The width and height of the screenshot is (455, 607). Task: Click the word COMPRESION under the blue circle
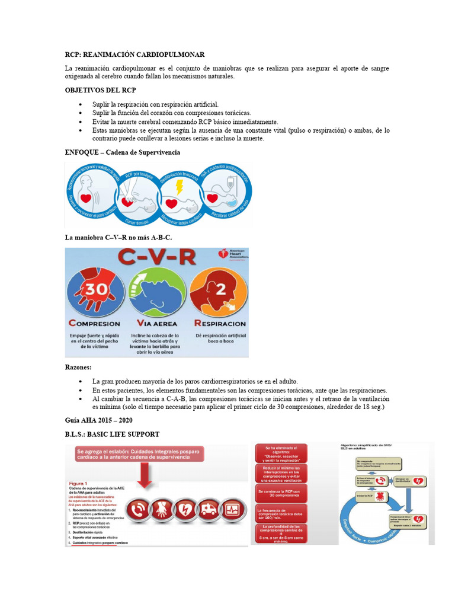pyautogui.click(x=94, y=324)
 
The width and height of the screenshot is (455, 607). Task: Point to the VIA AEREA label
pyautogui.click(x=158, y=324)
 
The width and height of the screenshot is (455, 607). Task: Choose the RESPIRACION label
pyautogui.click(x=218, y=324)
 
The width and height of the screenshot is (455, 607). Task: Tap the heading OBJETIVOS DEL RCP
pyautogui.click(x=101, y=90)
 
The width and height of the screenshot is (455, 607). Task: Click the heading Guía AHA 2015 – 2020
pyautogui.click(x=99, y=420)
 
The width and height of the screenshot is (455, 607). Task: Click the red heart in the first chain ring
pyautogui.click(x=87, y=197)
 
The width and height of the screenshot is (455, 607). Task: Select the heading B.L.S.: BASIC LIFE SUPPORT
pyautogui.click(x=112, y=435)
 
